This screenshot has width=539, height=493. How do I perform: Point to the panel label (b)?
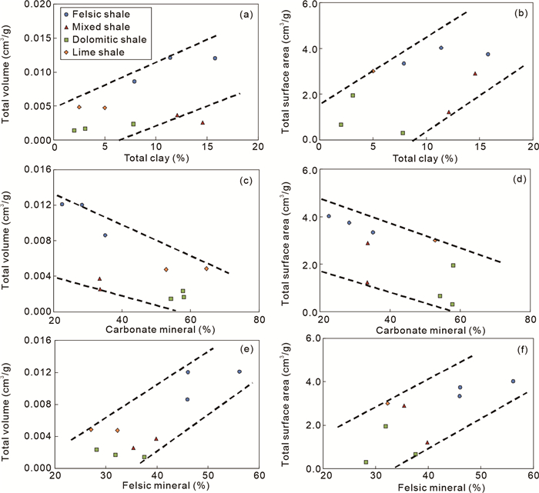[517, 14]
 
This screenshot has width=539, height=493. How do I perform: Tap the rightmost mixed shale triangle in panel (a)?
[203, 122]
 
